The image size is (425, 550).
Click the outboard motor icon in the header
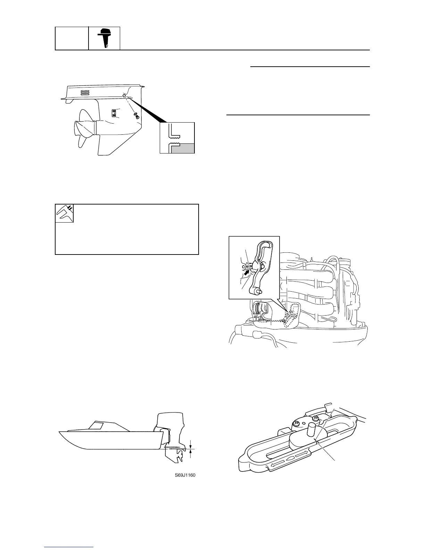pos(105,38)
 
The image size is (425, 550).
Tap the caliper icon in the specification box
pos(65,213)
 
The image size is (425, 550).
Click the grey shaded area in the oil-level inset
pos(183,148)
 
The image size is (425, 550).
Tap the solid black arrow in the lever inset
pos(247,273)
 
